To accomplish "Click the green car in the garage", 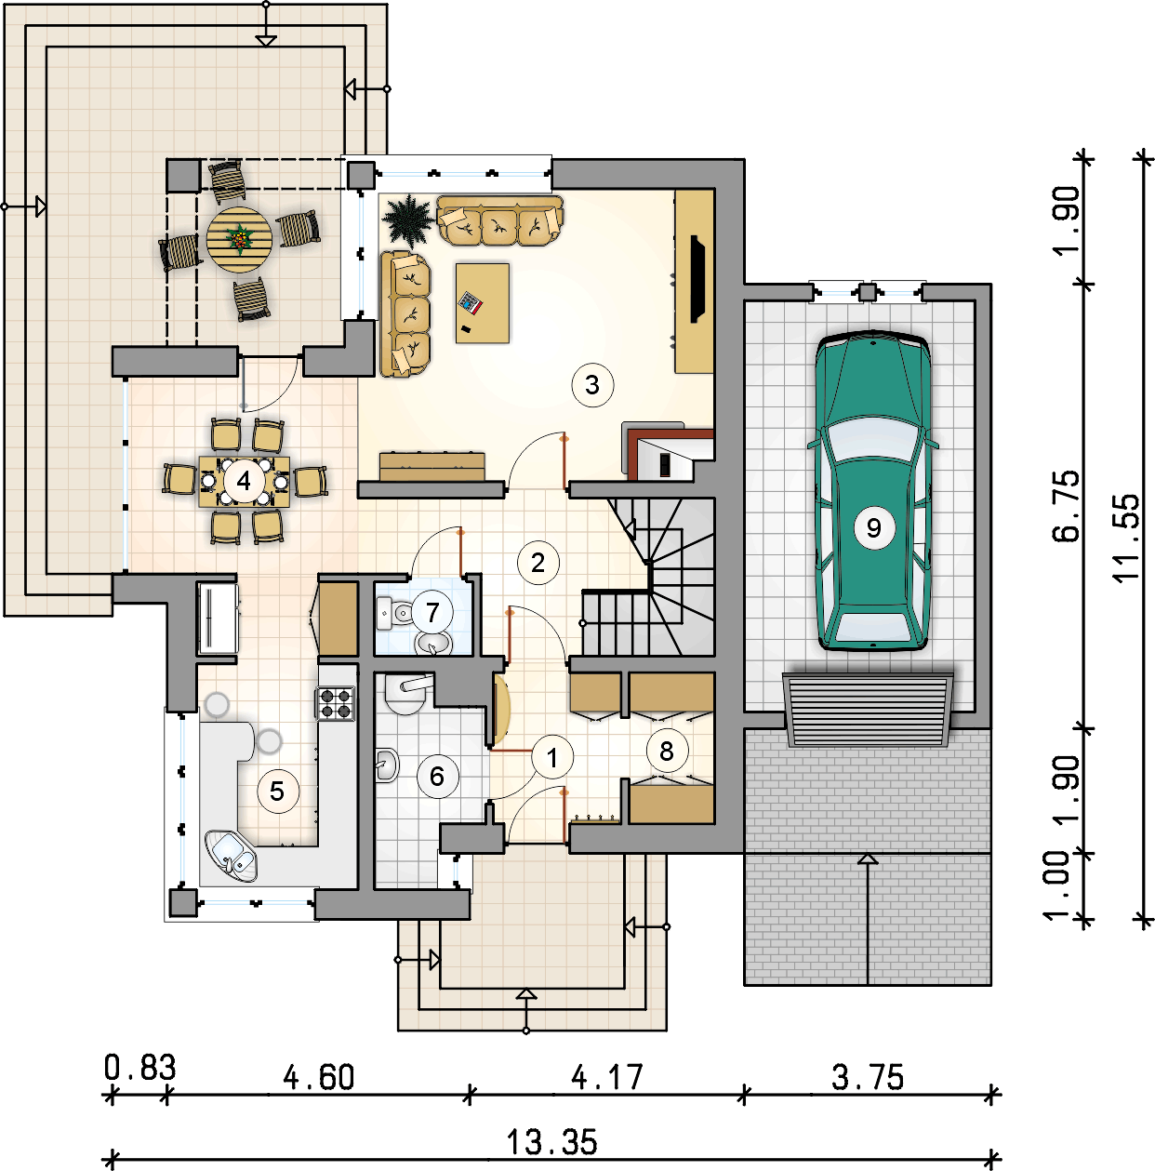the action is point(872,491).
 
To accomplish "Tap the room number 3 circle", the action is point(592,385).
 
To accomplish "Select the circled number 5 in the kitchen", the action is point(278,792).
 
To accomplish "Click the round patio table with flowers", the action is point(239,239).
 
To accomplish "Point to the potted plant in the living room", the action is point(407,220).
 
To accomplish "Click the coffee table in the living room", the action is point(483,302).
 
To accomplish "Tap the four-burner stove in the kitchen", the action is point(335,703).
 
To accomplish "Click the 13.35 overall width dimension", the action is point(551,1142).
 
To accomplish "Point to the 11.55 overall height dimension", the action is point(1126,538).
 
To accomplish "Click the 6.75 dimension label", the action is point(1067,506).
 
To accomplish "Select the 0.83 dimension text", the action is point(139,1068).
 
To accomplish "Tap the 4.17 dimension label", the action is point(607,1077).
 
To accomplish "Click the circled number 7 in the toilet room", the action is point(432,613).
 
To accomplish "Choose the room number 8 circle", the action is point(667,752).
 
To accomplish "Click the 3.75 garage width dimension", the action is point(867,1077).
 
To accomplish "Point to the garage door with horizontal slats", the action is point(868,709).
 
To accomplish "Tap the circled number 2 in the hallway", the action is point(538,564).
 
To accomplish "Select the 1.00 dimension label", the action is point(1057,885).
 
